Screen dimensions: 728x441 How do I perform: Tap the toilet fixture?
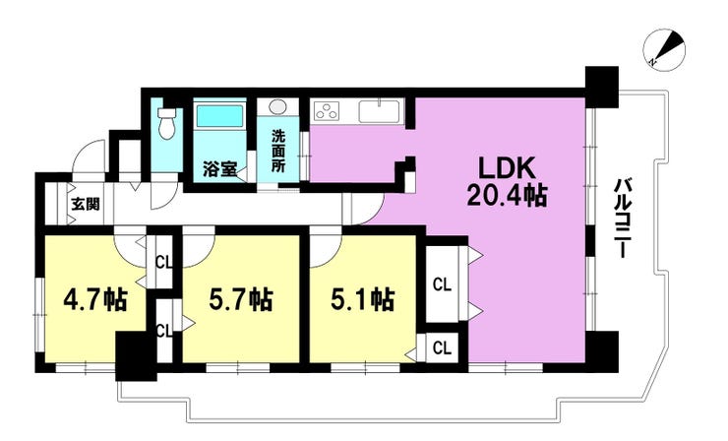(165, 123)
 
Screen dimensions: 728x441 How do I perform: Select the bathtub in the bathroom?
(219, 115)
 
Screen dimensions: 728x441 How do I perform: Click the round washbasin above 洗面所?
(278, 106)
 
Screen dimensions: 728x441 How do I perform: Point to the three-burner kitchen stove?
(327, 111)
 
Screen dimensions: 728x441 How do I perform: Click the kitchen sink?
(380, 110)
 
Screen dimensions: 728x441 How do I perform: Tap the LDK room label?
(508, 168)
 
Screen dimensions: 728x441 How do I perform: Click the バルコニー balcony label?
(622, 218)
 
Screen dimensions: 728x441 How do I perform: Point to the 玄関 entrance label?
(86, 204)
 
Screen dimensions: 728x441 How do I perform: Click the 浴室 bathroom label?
(219, 169)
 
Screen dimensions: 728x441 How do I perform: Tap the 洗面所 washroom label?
(278, 151)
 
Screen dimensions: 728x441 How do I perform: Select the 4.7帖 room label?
(95, 299)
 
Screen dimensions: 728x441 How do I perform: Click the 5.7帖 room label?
(240, 299)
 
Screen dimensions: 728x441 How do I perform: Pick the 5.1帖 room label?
(363, 299)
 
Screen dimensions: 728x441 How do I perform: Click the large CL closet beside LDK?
(442, 284)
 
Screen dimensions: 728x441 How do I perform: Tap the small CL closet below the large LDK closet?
(442, 347)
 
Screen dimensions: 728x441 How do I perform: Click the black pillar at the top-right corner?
(602, 87)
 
